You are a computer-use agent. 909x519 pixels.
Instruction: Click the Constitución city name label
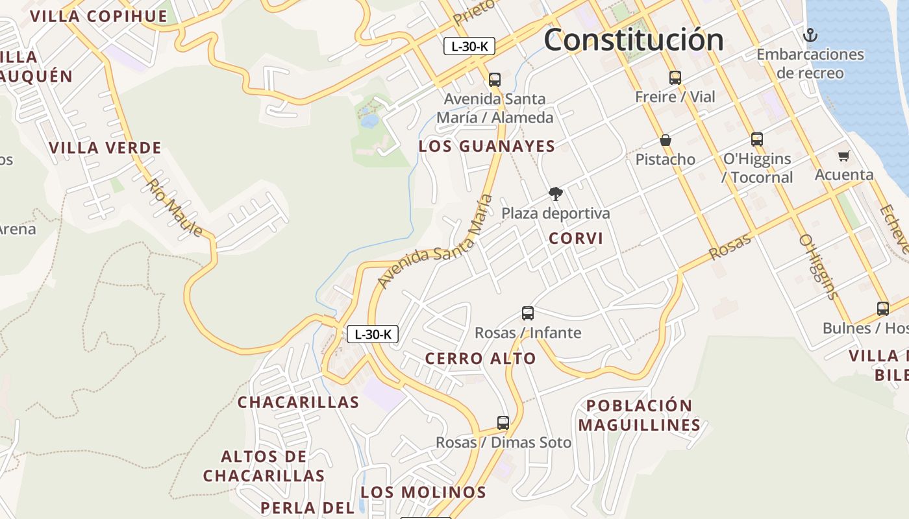coord(634,40)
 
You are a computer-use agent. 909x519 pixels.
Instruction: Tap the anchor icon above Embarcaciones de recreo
coord(810,34)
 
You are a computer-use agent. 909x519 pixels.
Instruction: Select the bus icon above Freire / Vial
coord(675,78)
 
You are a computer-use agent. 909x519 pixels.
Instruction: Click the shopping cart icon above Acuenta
coord(843,156)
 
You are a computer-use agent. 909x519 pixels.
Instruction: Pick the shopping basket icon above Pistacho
coord(666,140)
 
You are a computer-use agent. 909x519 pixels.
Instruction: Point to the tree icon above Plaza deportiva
coord(555,193)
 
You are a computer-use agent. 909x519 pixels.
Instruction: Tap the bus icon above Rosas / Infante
coord(528,313)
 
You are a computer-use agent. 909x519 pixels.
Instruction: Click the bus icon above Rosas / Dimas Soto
coord(503,423)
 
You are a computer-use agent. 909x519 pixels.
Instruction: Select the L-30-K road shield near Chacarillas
coord(373,334)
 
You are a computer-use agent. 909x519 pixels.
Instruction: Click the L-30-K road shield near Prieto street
coord(469,46)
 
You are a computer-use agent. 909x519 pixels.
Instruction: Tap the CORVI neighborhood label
coord(576,238)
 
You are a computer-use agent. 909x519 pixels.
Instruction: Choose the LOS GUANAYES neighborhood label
coord(487,146)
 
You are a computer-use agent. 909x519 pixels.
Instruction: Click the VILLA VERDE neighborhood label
coord(105,148)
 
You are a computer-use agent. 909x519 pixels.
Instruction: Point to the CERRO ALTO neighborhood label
coord(480,358)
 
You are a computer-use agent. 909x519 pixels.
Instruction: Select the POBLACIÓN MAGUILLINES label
coord(640,415)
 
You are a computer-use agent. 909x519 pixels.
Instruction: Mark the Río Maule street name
coord(174,208)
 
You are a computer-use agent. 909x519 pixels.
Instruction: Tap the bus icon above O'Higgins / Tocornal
coord(757,139)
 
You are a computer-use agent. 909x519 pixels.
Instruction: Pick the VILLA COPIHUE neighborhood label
coord(99,16)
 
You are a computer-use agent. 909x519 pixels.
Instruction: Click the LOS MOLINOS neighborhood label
coord(423,492)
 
